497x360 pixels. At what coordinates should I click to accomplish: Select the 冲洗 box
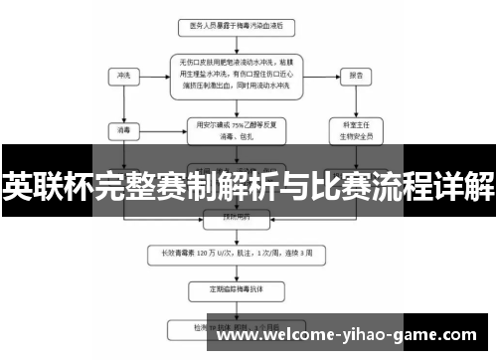pyautogui.click(x=124, y=75)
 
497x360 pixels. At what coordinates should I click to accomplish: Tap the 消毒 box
pyautogui.click(x=124, y=128)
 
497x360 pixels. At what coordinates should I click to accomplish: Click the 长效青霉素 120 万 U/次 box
pyautogui.click(x=239, y=254)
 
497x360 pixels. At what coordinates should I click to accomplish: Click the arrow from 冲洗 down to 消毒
pyautogui.click(x=124, y=101)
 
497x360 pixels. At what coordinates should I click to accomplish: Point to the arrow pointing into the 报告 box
pyautogui.click(x=323, y=75)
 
